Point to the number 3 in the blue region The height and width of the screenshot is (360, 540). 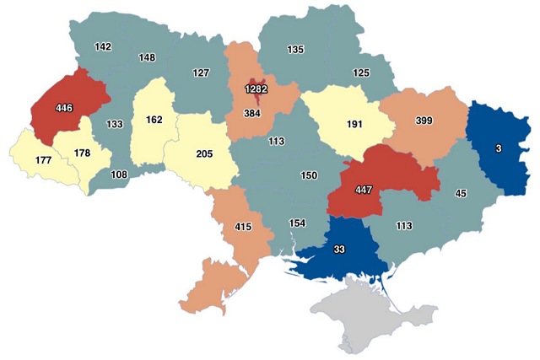499,148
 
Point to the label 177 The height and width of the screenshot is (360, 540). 43,159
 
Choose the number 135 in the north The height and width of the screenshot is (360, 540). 295,50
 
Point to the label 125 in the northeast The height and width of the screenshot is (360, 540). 361,74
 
